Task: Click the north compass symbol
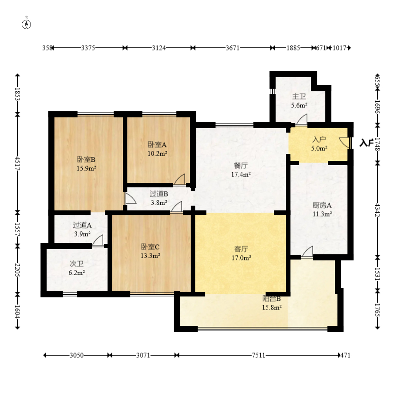[x=26, y=23]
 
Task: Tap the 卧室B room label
[x=86, y=160]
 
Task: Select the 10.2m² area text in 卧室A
[x=157, y=153]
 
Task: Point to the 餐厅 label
[x=241, y=165]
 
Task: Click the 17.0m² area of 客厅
[x=241, y=257]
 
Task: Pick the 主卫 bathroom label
[x=299, y=97]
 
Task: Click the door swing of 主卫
[x=301, y=120]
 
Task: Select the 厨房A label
[x=322, y=205]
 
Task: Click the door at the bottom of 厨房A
[x=307, y=252]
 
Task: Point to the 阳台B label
[x=272, y=299]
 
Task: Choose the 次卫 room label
[x=77, y=264]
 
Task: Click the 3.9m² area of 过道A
[x=82, y=234]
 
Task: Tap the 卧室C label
[x=150, y=247]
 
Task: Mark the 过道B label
[x=159, y=194]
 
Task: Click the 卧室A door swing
[x=179, y=179]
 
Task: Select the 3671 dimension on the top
[x=232, y=48]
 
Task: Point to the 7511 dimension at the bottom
[x=258, y=355]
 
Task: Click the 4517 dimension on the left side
[x=17, y=163]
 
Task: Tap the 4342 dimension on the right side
[x=377, y=210]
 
